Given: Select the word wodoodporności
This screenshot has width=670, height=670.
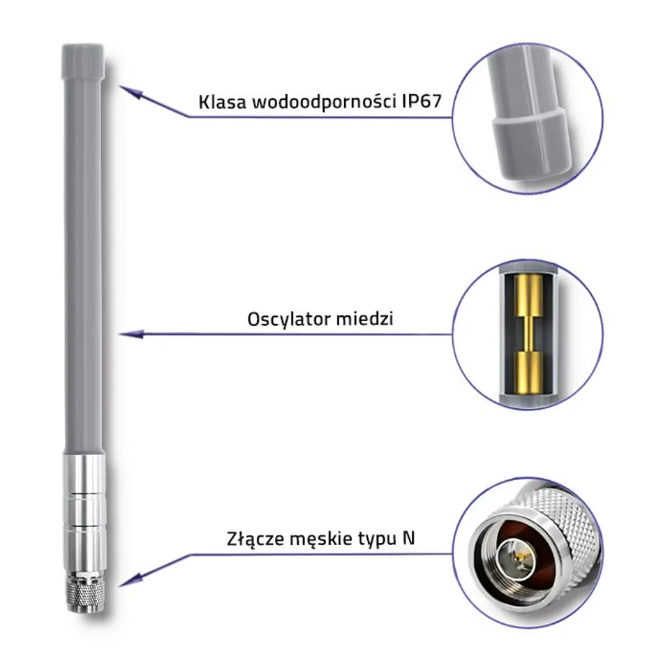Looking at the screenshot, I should click(x=323, y=103).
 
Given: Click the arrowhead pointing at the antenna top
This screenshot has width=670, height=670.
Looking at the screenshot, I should click(x=128, y=91).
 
